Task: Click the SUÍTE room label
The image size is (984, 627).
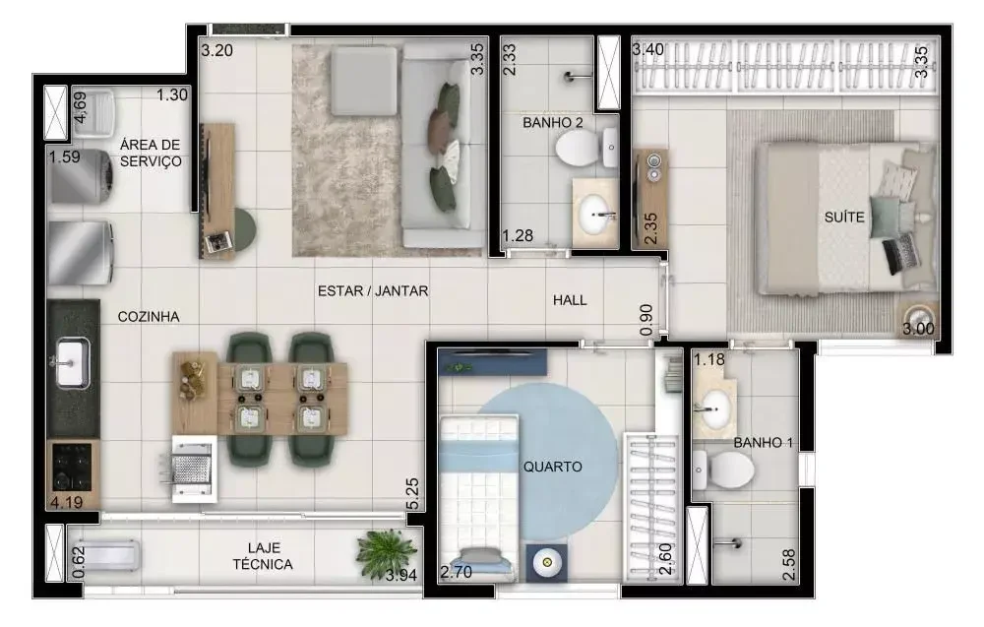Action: [x=844, y=218]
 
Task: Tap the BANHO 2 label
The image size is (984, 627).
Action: [x=552, y=122]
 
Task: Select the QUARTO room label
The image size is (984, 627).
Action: [x=552, y=467]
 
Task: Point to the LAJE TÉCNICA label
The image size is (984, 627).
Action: [x=263, y=556]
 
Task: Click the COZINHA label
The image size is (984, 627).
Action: [x=149, y=316]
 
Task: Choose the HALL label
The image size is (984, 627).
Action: [x=570, y=300]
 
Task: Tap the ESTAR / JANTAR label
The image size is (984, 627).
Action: [x=373, y=290]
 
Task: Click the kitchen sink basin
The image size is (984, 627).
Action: [x=72, y=363]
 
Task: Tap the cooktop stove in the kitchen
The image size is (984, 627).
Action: [x=72, y=467]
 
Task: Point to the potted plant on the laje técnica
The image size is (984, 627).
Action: [x=387, y=551]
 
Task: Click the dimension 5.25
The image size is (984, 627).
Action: [x=412, y=495]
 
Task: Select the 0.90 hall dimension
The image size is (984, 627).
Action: [x=646, y=320]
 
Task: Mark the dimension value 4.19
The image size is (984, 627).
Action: [x=66, y=502]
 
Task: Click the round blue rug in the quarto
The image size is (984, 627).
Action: [x=545, y=462]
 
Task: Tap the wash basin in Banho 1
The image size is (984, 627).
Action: [x=713, y=408]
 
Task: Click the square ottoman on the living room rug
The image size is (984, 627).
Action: [x=364, y=82]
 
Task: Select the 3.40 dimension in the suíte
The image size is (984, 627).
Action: [x=648, y=49]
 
